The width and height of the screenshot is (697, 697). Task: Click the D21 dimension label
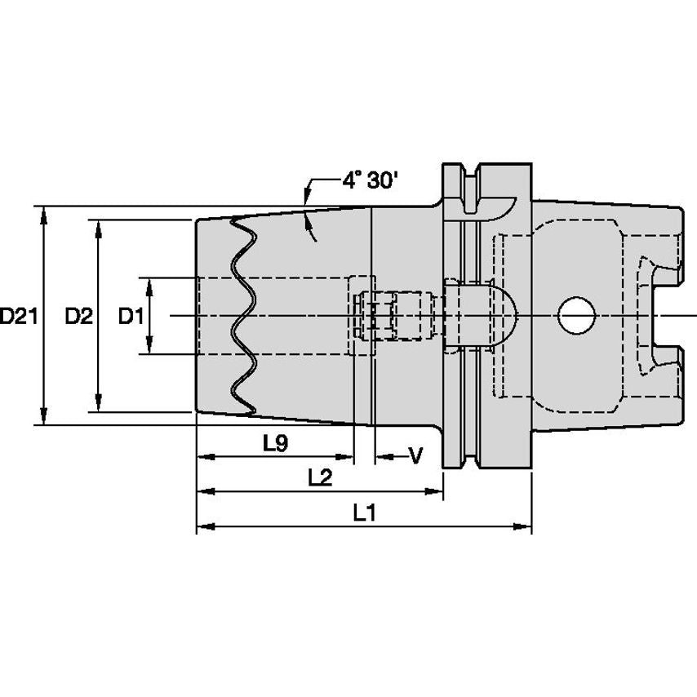(x=17, y=316)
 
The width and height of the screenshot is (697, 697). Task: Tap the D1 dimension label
(x=131, y=316)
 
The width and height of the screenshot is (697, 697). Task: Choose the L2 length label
(x=320, y=477)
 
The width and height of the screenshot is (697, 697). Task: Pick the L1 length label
(x=364, y=513)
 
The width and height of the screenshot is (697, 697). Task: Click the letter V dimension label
(x=414, y=455)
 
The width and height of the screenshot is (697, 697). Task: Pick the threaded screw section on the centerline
(x=400, y=316)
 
